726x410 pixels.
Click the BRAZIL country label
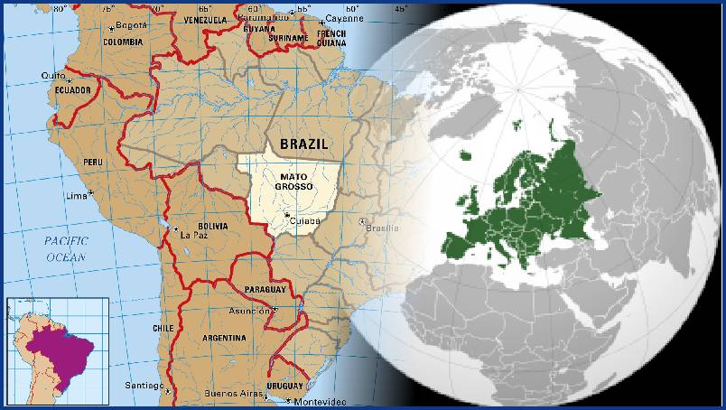pos(303,144)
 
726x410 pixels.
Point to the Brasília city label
pos(382,228)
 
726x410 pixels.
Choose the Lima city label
pos(77,195)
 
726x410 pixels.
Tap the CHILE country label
pos(163,328)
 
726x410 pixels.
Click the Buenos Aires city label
pos(233,394)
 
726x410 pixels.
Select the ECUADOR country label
pos(72,90)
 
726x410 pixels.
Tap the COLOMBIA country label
pos(123,42)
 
